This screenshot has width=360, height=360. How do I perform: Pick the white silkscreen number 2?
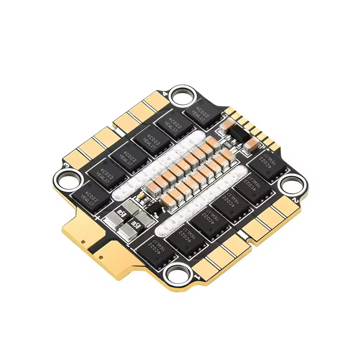pos(295,198)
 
